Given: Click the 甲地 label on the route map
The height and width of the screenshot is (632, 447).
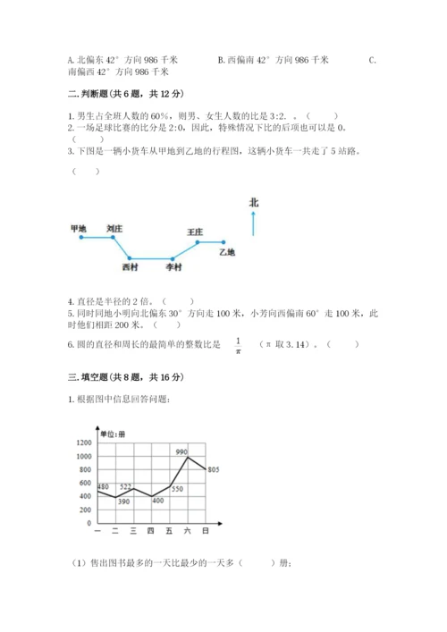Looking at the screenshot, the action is click(x=78, y=229).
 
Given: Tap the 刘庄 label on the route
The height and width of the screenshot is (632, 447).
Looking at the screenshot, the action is click(x=114, y=229).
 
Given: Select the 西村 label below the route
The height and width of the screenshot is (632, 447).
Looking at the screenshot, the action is click(x=131, y=266).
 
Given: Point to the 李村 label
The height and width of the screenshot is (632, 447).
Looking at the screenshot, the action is click(x=174, y=266).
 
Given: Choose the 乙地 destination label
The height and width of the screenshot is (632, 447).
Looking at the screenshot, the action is click(x=227, y=253).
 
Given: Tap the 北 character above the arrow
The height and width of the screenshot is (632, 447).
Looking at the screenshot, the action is click(x=254, y=204).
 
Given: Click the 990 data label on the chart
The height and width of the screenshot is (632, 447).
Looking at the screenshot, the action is click(x=181, y=452).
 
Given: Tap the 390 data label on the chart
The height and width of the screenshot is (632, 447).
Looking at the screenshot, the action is click(x=123, y=502).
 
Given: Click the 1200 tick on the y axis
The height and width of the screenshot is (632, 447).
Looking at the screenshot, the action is click(x=84, y=443).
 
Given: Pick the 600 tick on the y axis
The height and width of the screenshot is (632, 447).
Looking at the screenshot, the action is click(x=86, y=483).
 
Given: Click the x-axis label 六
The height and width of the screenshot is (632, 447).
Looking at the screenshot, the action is click(x=188, y=532).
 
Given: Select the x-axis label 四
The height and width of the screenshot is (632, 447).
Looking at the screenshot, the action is click(x=151, y=532).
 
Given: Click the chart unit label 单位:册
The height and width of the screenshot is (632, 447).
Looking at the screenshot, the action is click(x=113, y=434).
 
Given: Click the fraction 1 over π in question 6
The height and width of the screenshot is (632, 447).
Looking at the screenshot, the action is click(x=239, y=345).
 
